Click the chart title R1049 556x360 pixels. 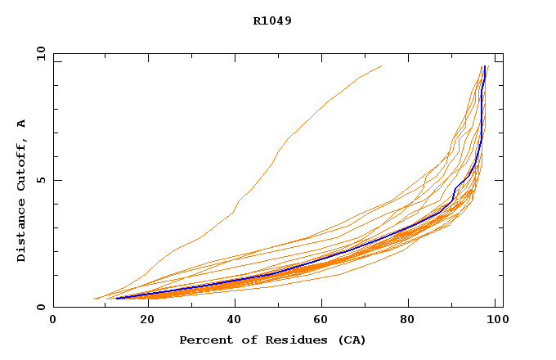(272, 21)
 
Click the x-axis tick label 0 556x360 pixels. (53, 321)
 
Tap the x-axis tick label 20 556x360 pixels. (142, 321)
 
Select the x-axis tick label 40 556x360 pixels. (231, 321)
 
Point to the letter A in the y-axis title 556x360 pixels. (21, 123)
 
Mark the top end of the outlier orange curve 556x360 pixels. (381, 66)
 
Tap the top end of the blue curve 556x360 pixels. (486, 66)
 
